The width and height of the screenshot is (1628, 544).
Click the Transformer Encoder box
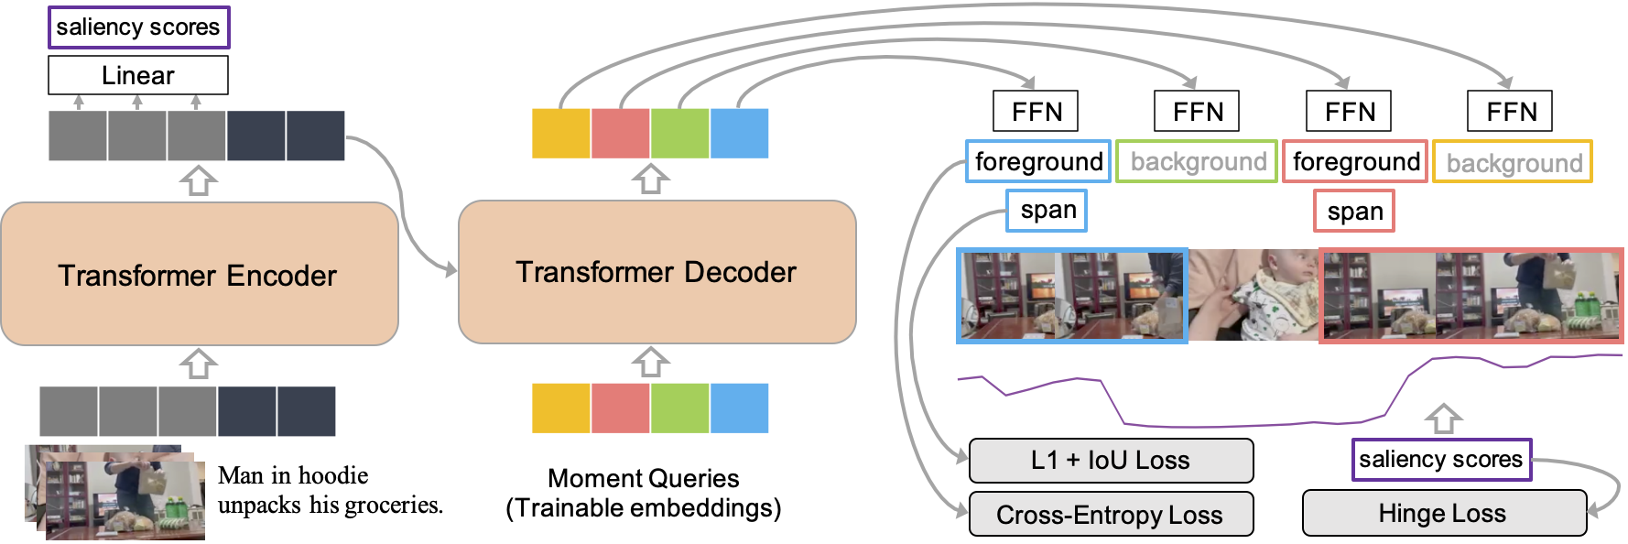(x=200, y=274)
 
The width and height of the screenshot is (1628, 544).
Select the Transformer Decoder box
(x=657, y=272)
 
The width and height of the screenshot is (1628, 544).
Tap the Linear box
(x=138, y=75)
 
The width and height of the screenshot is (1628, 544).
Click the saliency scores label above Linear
(x=138, y=27)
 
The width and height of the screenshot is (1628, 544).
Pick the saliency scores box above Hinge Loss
(x=1441, y=459)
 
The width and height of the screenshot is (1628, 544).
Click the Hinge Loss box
(x=1444, y=513)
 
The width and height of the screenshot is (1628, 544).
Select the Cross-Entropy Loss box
(x=1111, y=514)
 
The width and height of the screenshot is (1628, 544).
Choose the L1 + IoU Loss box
(x=1111, y=460)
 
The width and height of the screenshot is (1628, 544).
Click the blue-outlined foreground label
(x=1038, y=161)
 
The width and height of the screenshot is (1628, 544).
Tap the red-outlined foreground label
(x=1355, y=161)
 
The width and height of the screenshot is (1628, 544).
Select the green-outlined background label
(x=1197, y=161)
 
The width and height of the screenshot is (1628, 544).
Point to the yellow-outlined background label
(x=1513, y=162)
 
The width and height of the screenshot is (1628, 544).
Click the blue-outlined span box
(x=1047, y=211)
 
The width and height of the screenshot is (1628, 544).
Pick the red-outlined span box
(x=1354, y=211)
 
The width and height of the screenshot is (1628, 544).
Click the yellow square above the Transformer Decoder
(x=561, y=133)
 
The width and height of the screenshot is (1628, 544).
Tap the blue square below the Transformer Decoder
(x=739, y=408)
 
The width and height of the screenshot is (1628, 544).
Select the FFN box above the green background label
(x=1197, y=111)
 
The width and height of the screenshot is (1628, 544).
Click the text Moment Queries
(x=643, y=478)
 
